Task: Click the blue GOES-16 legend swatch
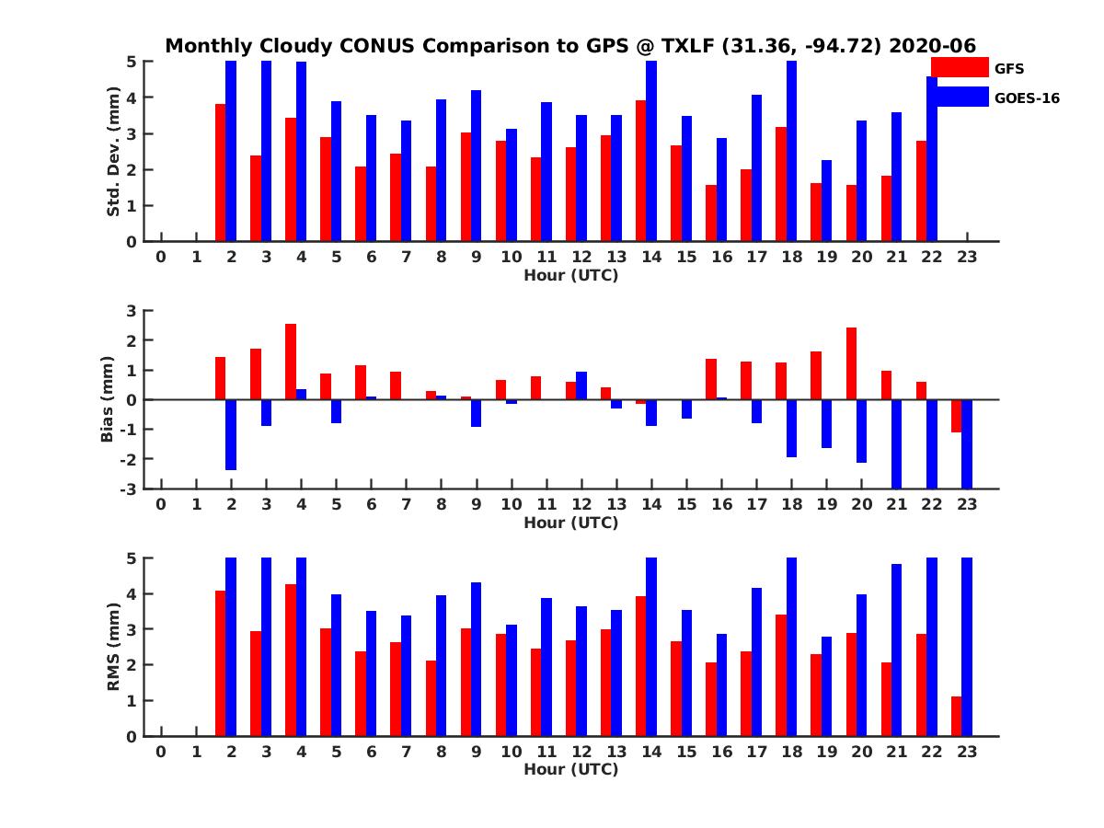[959, 97]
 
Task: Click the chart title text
[570, 46]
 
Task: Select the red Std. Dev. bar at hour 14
[640, 171]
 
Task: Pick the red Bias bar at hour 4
[291, 362]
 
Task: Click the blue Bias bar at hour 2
[231, 434]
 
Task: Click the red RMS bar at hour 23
[956, 717]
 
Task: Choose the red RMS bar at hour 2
[221, 663]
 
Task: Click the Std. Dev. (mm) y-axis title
[114, 152]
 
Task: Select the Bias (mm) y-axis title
[108, 399]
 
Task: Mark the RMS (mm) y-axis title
[114, 647]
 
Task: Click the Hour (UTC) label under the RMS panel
[570, 769]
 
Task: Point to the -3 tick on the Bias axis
[131, 489]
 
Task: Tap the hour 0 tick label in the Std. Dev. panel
[161, 257]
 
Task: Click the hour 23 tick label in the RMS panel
[966, 752]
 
